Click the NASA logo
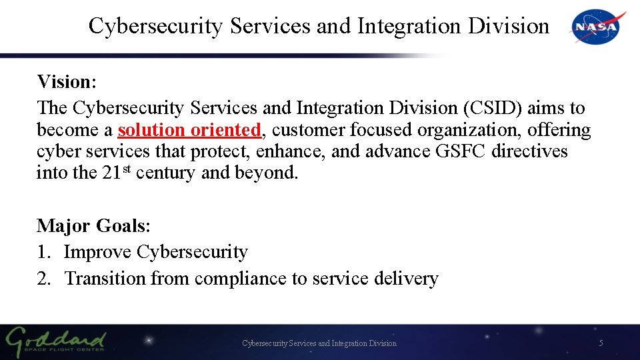tap(597, 27)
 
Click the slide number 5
tap(601, 343)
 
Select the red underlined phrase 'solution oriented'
tap(189, 129)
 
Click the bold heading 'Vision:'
tap(67, 82)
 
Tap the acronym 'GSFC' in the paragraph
tap(461, 151)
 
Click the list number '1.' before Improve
tap(43, 252)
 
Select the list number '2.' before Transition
tap(44, 278)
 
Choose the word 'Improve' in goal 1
tap(97, 252)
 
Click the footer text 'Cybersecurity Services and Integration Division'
tap(319, 343)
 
